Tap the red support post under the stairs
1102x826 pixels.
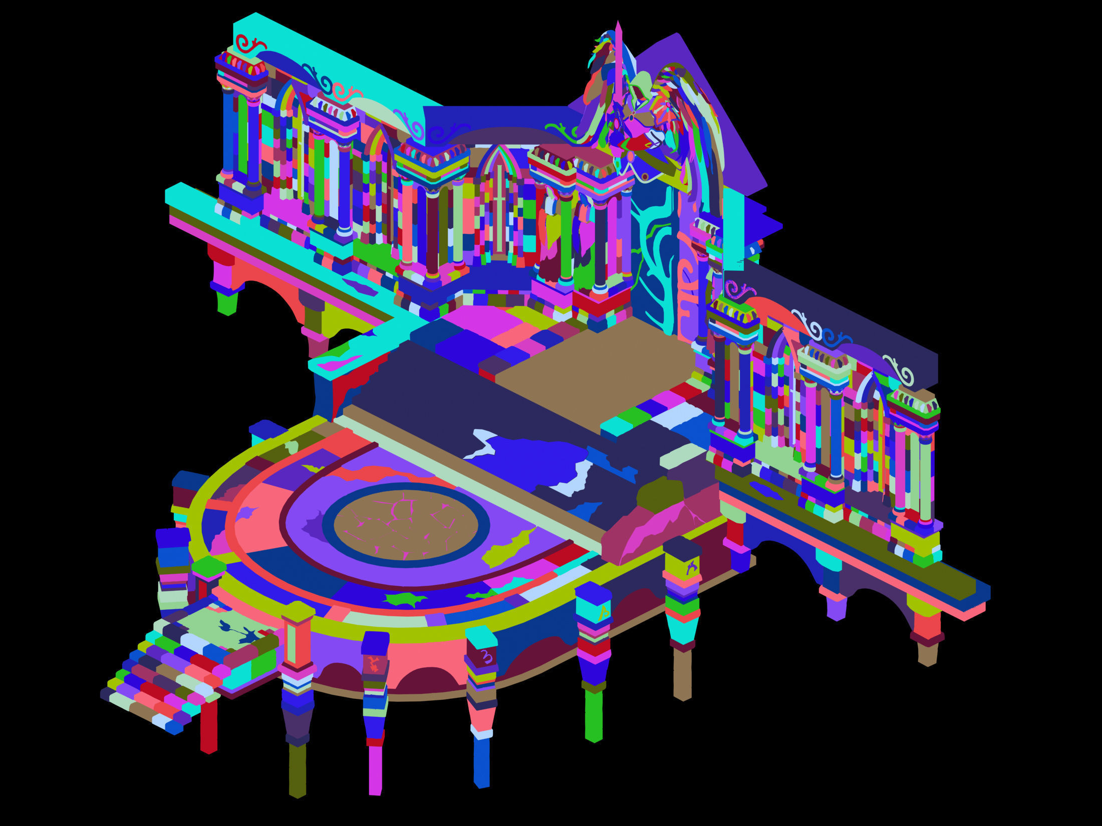pos(208,726)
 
